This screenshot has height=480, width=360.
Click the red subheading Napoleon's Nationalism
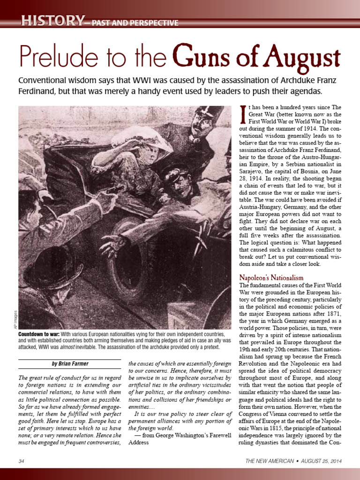[271, 278]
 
